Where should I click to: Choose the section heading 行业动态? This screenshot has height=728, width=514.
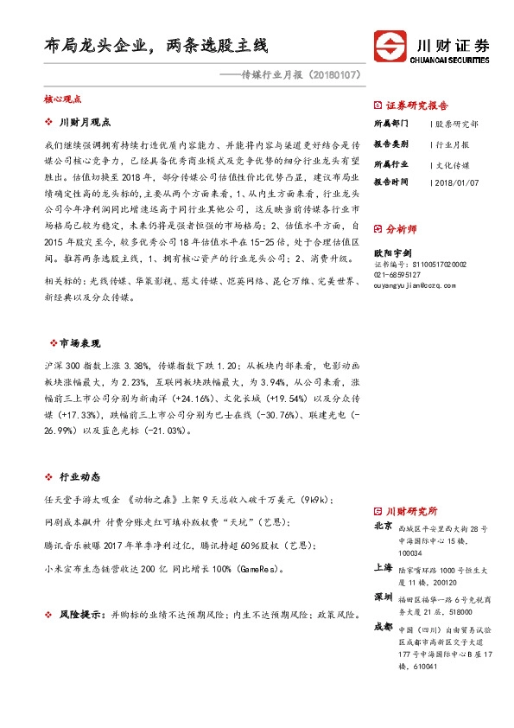tap(79, 476)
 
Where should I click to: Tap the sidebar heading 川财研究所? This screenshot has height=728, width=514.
tap(410, 512)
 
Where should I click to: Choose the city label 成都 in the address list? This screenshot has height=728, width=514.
tap(384, 626)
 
